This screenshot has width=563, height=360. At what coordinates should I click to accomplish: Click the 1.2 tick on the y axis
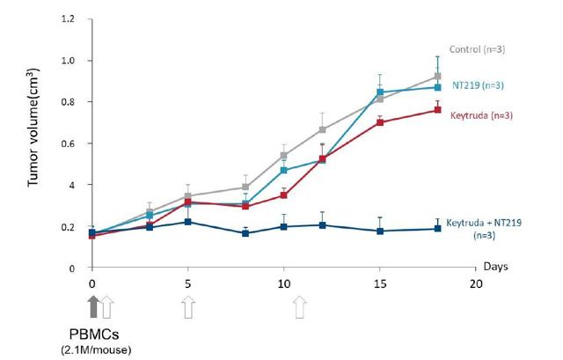(x=71, y=18)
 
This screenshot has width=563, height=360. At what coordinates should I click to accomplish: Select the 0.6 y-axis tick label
(x=71, y=143)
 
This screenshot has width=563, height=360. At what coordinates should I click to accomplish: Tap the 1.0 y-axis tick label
(x=71, y=61)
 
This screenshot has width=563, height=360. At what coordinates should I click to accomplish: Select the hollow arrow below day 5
(x=188, y=307)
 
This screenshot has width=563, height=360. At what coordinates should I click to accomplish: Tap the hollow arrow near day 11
(x=301, y=307)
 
